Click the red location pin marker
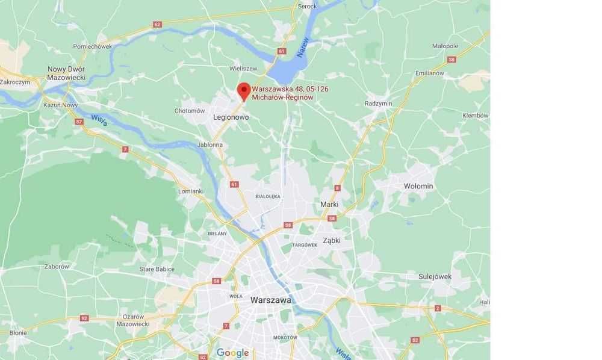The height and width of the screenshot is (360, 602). (244, 90)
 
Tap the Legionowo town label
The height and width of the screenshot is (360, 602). (231, 117)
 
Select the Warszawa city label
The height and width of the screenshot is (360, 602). (271, 299)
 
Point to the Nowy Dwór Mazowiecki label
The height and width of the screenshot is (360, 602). (66, 73)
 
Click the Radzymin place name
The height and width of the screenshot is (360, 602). (378, 104)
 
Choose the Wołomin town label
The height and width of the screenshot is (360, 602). (418, 186)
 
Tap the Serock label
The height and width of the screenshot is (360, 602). (307, 7)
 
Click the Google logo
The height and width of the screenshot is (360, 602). (232, 353)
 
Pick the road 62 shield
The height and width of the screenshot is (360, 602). (158, 25)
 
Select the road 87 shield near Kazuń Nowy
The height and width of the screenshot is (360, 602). (79, 122)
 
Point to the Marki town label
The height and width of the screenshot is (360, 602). (329, 204)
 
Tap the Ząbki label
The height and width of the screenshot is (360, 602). (332, 240)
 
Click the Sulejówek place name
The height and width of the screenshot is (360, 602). (435, 276)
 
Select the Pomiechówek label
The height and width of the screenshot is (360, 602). (93, 46)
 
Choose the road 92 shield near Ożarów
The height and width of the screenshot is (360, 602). (84, 318)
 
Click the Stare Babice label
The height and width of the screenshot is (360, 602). (157, 269)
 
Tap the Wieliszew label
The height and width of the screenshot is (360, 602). (243, 69)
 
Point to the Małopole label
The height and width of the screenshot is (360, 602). (445, 46)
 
